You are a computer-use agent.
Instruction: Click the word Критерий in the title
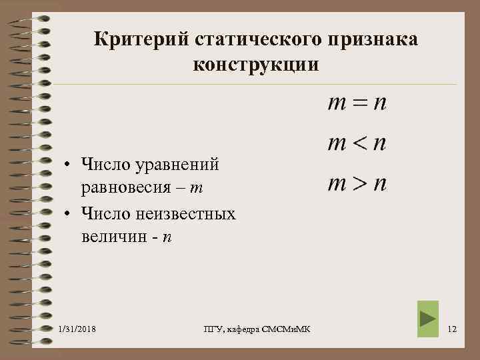(x=141, y=40)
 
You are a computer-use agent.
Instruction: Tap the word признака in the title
(x=373, y=40)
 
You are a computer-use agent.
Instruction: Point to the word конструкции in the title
(x=256, y=65)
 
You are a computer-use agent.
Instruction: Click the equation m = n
(x=357, y=104)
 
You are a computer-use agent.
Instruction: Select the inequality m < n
(x=357, y=143)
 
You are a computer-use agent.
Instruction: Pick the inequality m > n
(x=357, y=183)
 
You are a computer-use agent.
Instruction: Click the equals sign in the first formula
(x=359, y=105)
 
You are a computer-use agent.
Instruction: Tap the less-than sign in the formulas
(x=359, y=144)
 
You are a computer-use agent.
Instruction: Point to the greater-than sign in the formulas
(x=359, y=184)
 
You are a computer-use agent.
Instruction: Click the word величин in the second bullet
(x=113, y=238)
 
